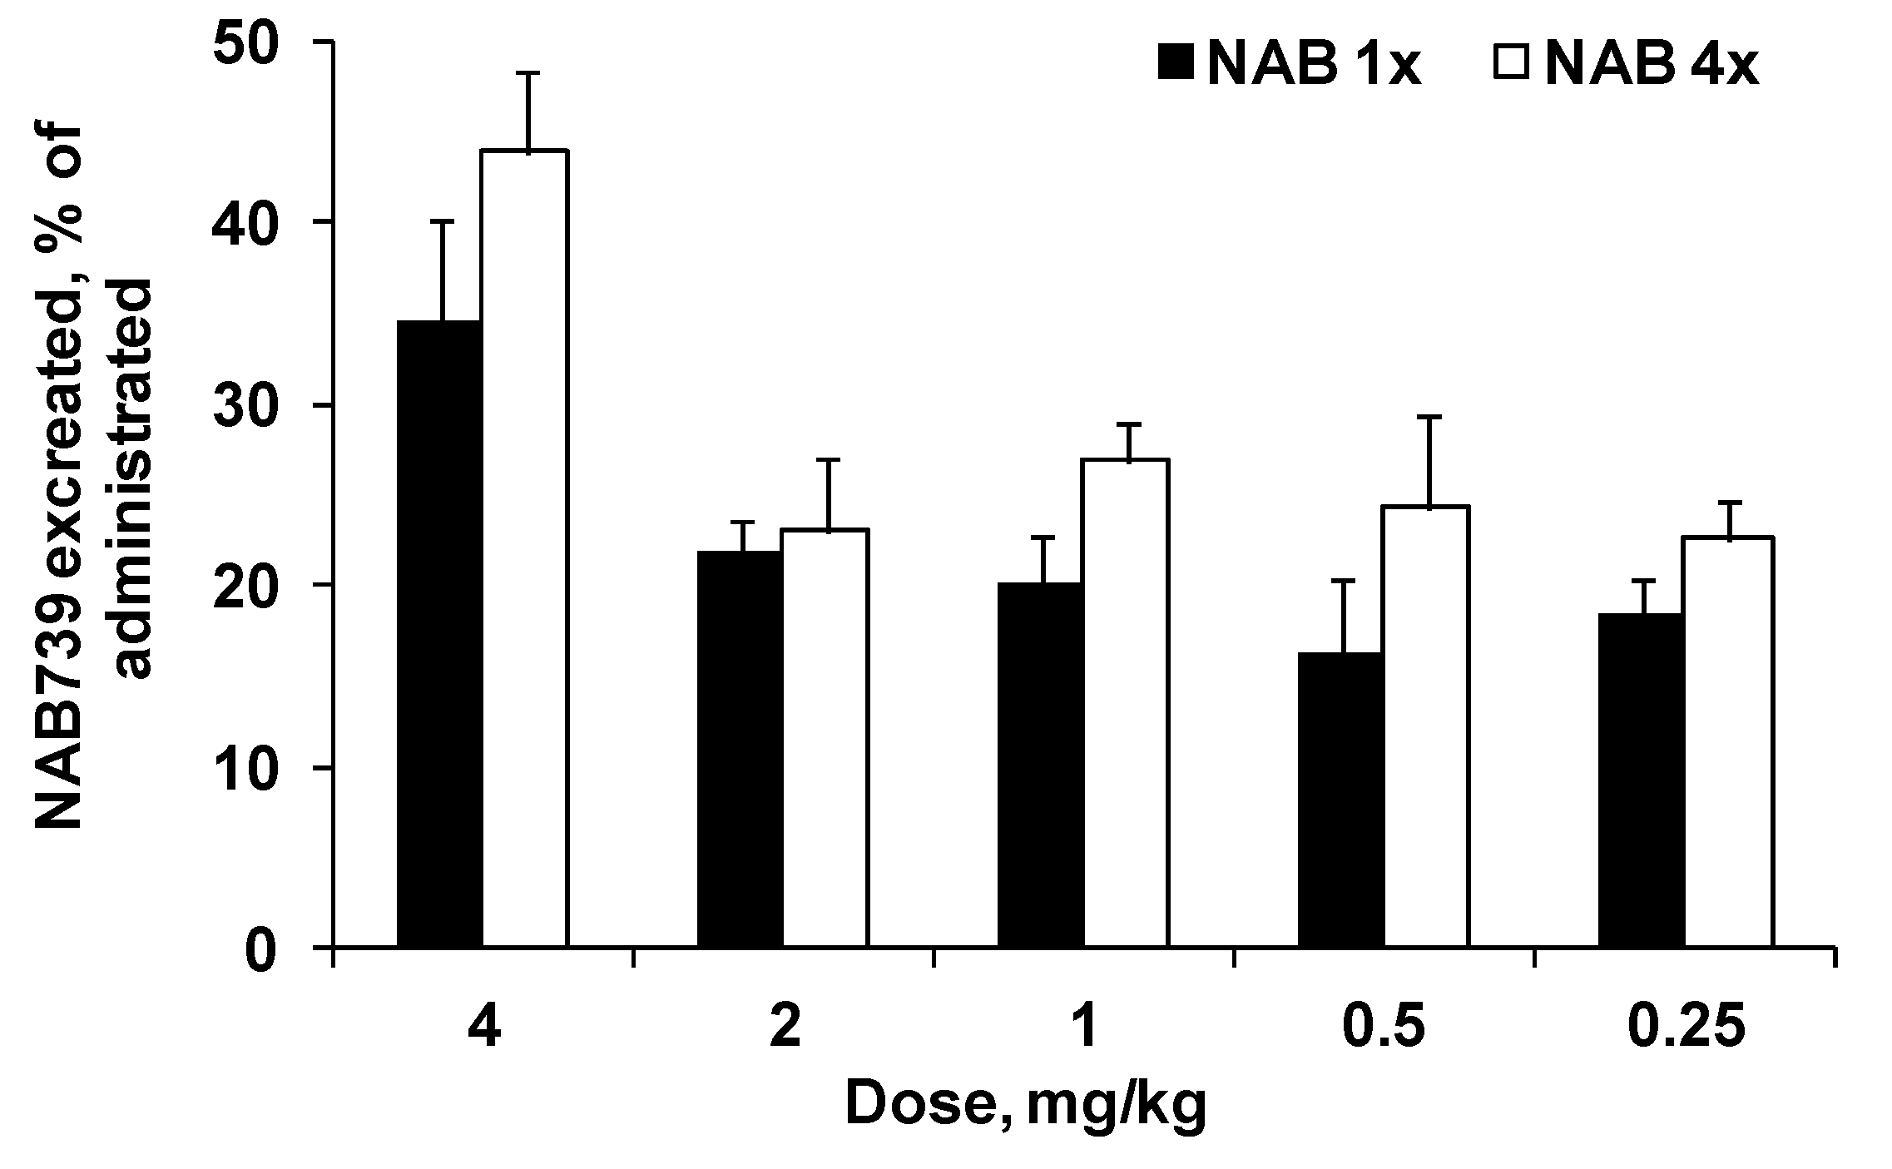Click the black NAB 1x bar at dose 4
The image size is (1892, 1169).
tap(440, 632)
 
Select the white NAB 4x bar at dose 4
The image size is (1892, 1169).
tap(526, 549)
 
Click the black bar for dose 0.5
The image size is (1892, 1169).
tap(1341, 799)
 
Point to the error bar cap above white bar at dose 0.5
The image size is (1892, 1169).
tap(1429, 417)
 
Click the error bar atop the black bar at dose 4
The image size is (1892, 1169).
tap(442, 270)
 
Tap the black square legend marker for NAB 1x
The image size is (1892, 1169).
tap(1176, 63)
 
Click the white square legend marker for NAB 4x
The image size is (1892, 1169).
tap(1512, 63)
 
